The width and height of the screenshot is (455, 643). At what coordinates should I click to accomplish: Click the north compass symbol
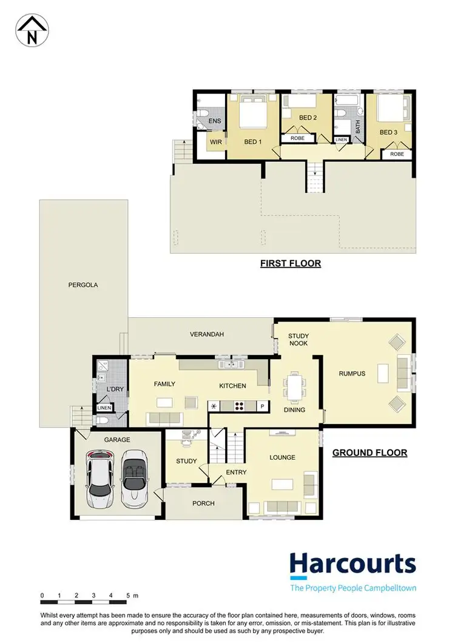tap(32, 29)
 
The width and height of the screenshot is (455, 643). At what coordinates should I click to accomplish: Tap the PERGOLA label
tap(84, 284)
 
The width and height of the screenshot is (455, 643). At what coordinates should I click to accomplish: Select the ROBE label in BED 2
tap(297, 138)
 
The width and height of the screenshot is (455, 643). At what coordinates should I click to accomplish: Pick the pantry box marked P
tap(263, 406)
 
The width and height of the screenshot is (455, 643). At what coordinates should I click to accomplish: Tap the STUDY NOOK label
tap(298, 339)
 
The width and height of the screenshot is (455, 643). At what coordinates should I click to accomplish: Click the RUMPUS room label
tap(352, 374)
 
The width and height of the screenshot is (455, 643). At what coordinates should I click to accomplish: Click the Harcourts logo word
tap(352, 565)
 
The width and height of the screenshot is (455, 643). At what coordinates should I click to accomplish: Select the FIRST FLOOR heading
tap(290, 263)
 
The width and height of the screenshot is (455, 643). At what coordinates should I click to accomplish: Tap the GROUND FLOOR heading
tap(369, 453)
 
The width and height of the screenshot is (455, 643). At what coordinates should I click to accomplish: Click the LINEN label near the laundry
tap(104, 408)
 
